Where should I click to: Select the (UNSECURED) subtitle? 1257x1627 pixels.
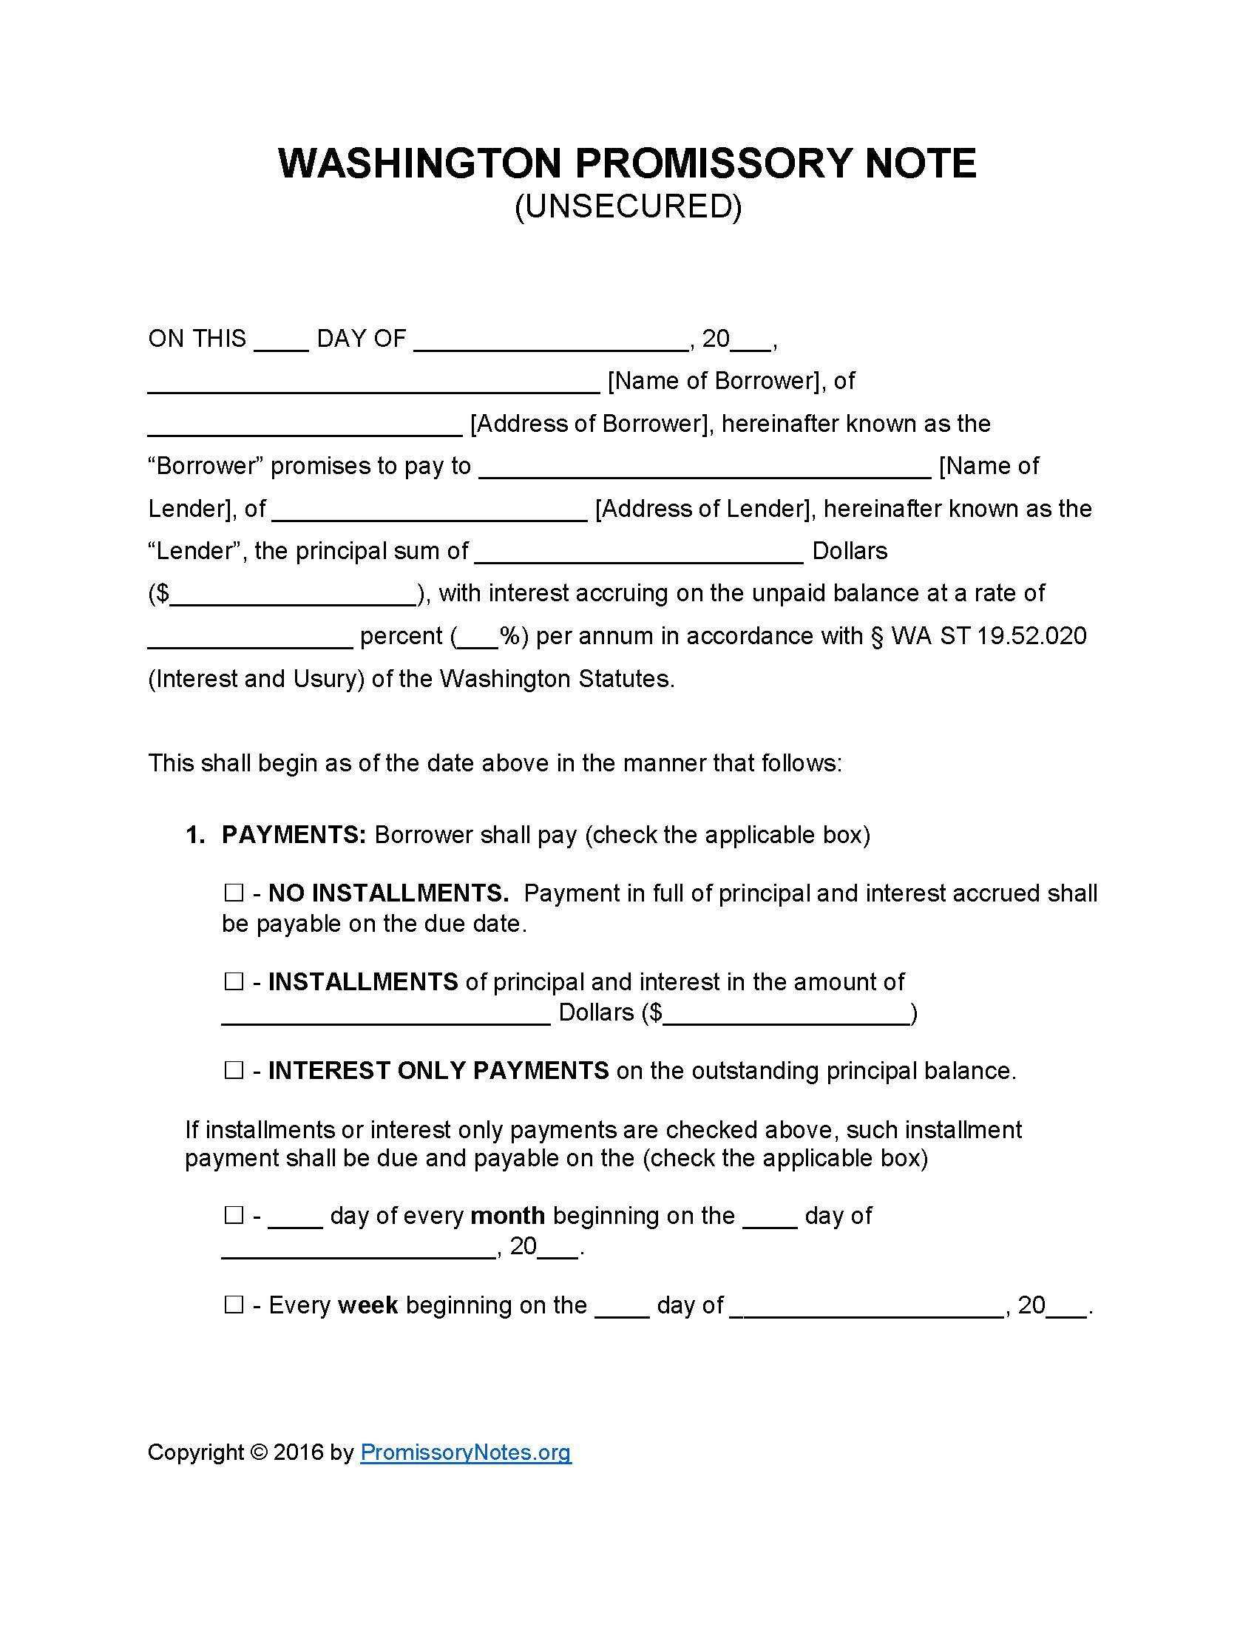point(628,206)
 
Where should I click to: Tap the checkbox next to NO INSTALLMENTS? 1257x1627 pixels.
point(234,893)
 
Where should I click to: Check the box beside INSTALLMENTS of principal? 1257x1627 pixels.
point(234,982)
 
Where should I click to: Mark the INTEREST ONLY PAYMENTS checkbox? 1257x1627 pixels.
point(234,1071)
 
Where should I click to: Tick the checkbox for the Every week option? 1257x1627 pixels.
point(234,1305)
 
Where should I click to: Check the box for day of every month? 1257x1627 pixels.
point(234,1216)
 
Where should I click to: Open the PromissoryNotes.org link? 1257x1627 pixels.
point(465,1452)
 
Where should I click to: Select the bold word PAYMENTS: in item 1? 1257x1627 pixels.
point(294,834)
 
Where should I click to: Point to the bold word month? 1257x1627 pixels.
point(508,1216)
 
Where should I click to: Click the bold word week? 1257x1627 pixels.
point(368,1305)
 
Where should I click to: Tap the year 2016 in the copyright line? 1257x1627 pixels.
point(298,1452)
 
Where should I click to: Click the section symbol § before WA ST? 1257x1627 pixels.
point(876,636)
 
